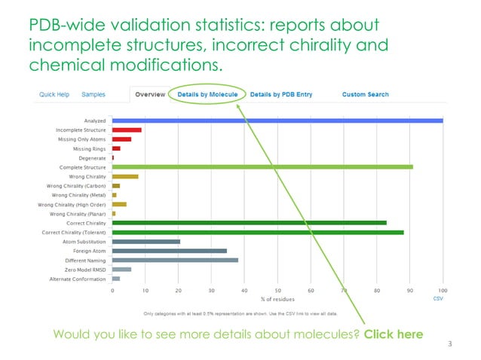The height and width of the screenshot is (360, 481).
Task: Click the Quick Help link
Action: click(54, 94)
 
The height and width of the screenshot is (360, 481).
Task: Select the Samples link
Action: click(93, 94)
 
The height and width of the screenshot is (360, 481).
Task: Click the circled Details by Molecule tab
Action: click(207, 94)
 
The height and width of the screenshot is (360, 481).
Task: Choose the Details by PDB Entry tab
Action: click(280, 94)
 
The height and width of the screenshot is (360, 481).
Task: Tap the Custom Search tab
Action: click(366, 94)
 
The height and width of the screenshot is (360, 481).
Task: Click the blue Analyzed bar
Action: click(277, 121)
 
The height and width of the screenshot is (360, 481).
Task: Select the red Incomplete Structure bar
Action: click(127, 130)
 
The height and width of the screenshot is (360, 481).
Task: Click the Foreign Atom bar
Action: click(169, 251)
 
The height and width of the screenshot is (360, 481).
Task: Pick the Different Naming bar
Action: click(175, 260)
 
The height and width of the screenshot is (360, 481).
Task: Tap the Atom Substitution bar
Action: click(146, 242)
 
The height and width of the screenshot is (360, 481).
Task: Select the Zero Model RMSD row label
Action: click(84, 269)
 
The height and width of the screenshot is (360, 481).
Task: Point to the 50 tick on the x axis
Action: click(277, 290)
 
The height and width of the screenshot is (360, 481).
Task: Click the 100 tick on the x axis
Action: click(442, 290)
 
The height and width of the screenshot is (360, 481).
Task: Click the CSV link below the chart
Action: click(438, 299)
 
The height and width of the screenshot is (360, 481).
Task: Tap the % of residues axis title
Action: click(277, 299)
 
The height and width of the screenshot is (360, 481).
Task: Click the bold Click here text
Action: click(393, 334)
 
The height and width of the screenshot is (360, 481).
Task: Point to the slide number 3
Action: click(449, 345)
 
